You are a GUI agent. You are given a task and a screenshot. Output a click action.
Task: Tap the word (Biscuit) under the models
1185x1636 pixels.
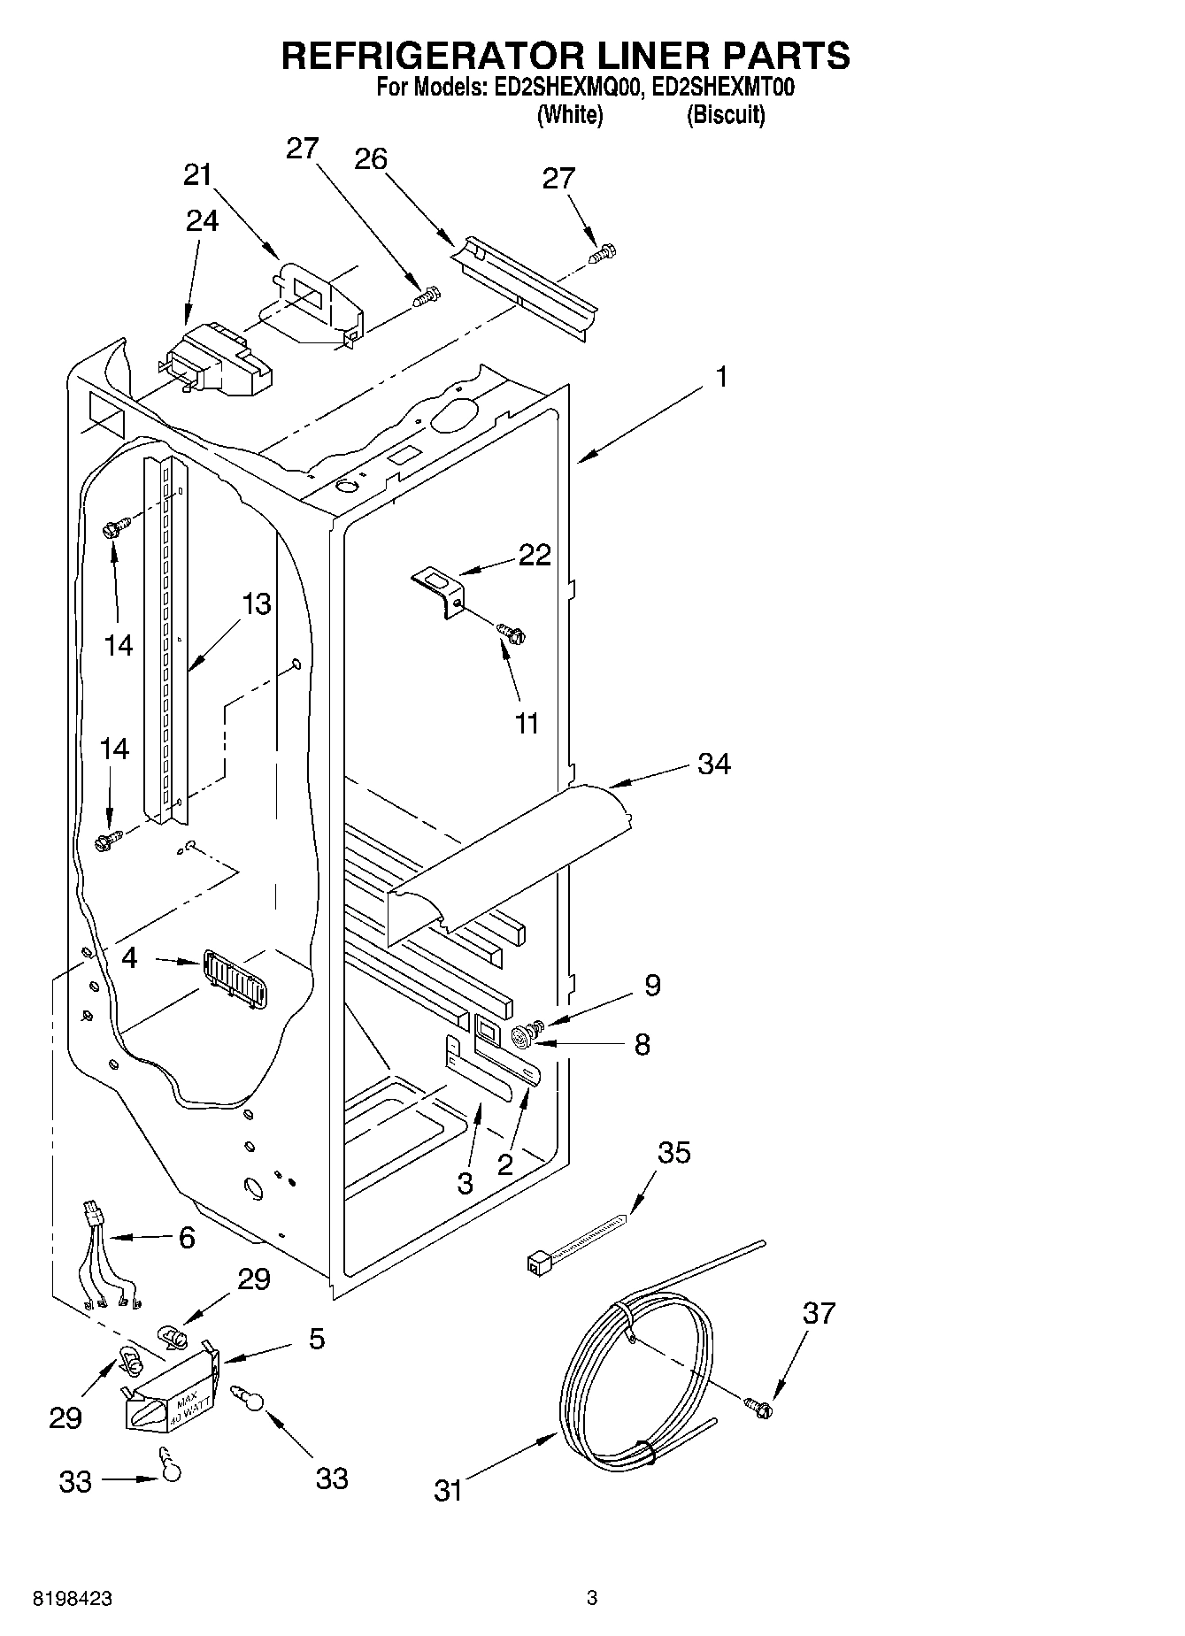726,115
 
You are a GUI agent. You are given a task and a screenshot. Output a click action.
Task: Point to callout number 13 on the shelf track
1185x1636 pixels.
256,604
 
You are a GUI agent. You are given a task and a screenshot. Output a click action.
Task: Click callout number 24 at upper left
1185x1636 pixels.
202,219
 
